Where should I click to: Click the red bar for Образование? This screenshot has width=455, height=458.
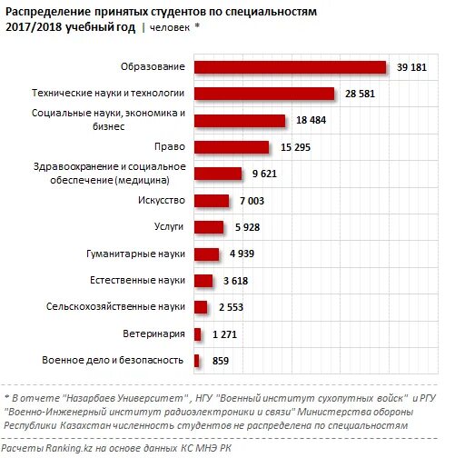click(291, 66)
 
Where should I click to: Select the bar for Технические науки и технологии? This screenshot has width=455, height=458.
click(264, 94)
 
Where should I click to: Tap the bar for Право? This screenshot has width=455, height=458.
click(231, 147)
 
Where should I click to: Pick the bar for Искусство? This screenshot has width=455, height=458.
click(211, 201)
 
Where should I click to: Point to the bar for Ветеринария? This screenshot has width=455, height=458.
click(197, 334)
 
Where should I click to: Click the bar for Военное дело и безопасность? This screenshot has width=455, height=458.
click(196, 362)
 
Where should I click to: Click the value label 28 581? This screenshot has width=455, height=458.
click(361, 94)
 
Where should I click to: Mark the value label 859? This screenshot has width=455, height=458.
click(214, 362)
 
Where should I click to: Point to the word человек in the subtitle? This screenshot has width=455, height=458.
click(169, 28)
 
